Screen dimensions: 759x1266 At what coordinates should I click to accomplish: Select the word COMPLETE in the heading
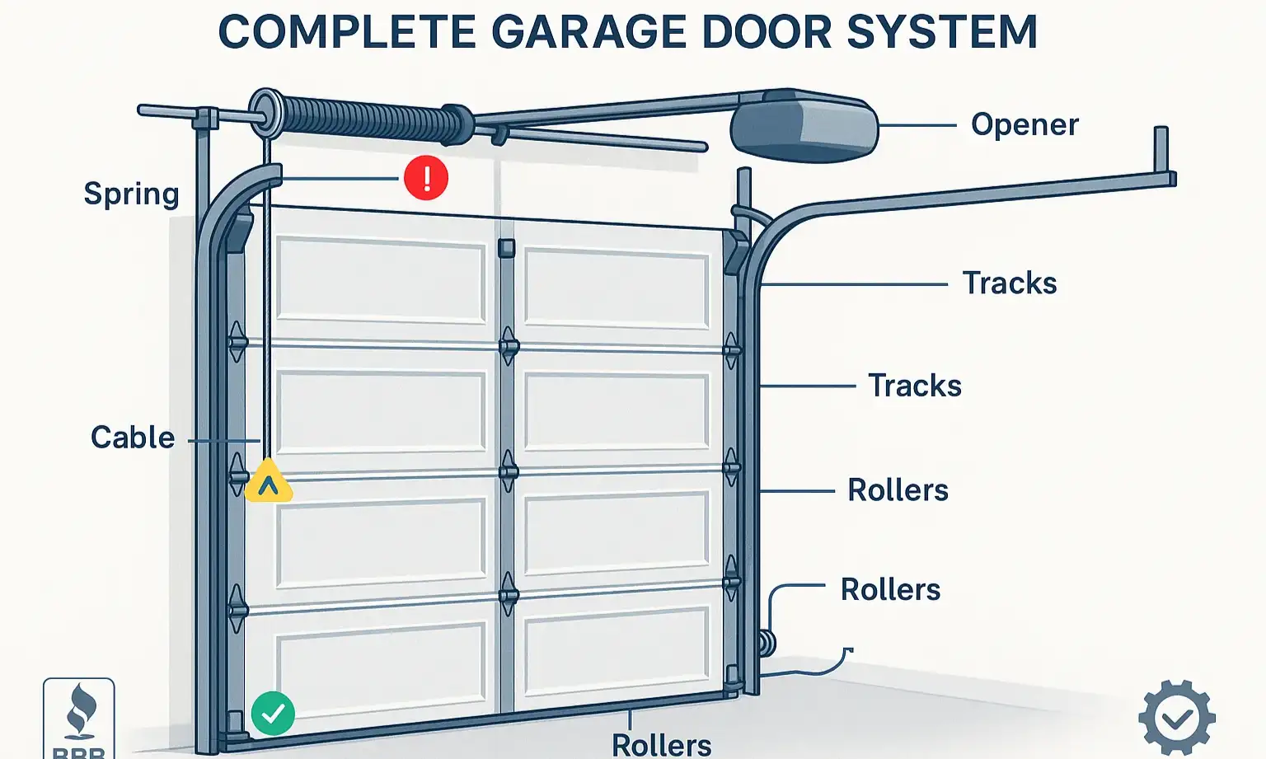pyautogui.click(x=347, y=33)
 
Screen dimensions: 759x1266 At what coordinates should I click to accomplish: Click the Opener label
pyautogui.click(x=1025, y=124)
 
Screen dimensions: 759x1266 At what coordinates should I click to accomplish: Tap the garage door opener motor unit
pyautogui.click(x=804, y=126)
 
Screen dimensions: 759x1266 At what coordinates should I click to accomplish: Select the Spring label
pyautogui.click(x=131, y=194)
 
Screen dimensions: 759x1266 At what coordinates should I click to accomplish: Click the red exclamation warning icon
pyautogui.click(x=426, y=178)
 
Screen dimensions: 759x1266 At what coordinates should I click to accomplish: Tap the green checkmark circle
pyautogui.click(x=273, y=713)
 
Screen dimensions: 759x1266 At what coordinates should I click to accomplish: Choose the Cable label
pyautogui.click(x=133, y=438)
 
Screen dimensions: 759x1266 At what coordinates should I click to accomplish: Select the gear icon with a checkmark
pyautogui.click(x=1176, y=718)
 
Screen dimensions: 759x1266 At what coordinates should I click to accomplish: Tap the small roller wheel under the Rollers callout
pyautogui.click(x=767, y=644)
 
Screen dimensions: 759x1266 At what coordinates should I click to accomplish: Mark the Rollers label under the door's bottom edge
pyautogui.click(x=661, y=745)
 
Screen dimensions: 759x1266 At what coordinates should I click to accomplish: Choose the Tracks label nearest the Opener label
pyautogui.click(x=1010, y=283)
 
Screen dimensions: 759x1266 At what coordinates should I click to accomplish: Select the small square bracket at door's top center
pyautogui.click(x=506, y=248)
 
